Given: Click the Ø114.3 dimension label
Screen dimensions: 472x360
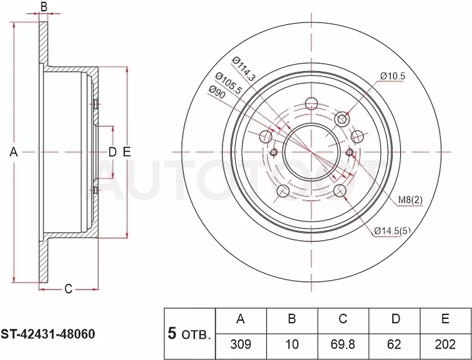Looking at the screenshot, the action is coord(244,69).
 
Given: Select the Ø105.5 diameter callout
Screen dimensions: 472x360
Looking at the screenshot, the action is coord(228,84).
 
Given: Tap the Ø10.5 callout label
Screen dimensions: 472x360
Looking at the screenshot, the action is coord(393,76).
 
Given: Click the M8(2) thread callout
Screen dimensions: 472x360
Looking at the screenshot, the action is coord(410,200).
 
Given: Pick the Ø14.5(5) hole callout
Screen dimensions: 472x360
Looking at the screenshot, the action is coord(392,231).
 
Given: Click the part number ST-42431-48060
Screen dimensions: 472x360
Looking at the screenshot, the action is coord(47,334).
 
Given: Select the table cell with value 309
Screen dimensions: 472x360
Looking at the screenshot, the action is coord(241,344).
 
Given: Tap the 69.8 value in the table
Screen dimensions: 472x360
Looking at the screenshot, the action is coord(343,344).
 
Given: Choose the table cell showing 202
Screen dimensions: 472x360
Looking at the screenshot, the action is coord(445,344).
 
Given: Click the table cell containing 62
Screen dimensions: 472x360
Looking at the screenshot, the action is coord(394,344).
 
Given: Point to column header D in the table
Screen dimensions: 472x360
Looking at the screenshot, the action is coord(395,319).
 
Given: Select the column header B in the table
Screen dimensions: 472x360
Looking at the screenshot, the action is coord(292,319).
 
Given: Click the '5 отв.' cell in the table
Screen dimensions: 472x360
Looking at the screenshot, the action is coord(190,334).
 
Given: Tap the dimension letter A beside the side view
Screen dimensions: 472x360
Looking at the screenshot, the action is coord(14,152).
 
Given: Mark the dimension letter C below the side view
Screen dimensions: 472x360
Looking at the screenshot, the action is coord(69,289).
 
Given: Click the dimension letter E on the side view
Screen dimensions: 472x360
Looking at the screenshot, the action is coord(127,152).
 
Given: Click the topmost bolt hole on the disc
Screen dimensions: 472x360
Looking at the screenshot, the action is coord(311,104).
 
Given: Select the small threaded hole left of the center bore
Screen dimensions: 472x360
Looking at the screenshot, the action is coord(274,152).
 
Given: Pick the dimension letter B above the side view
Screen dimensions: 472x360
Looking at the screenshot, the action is coord(44,7).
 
